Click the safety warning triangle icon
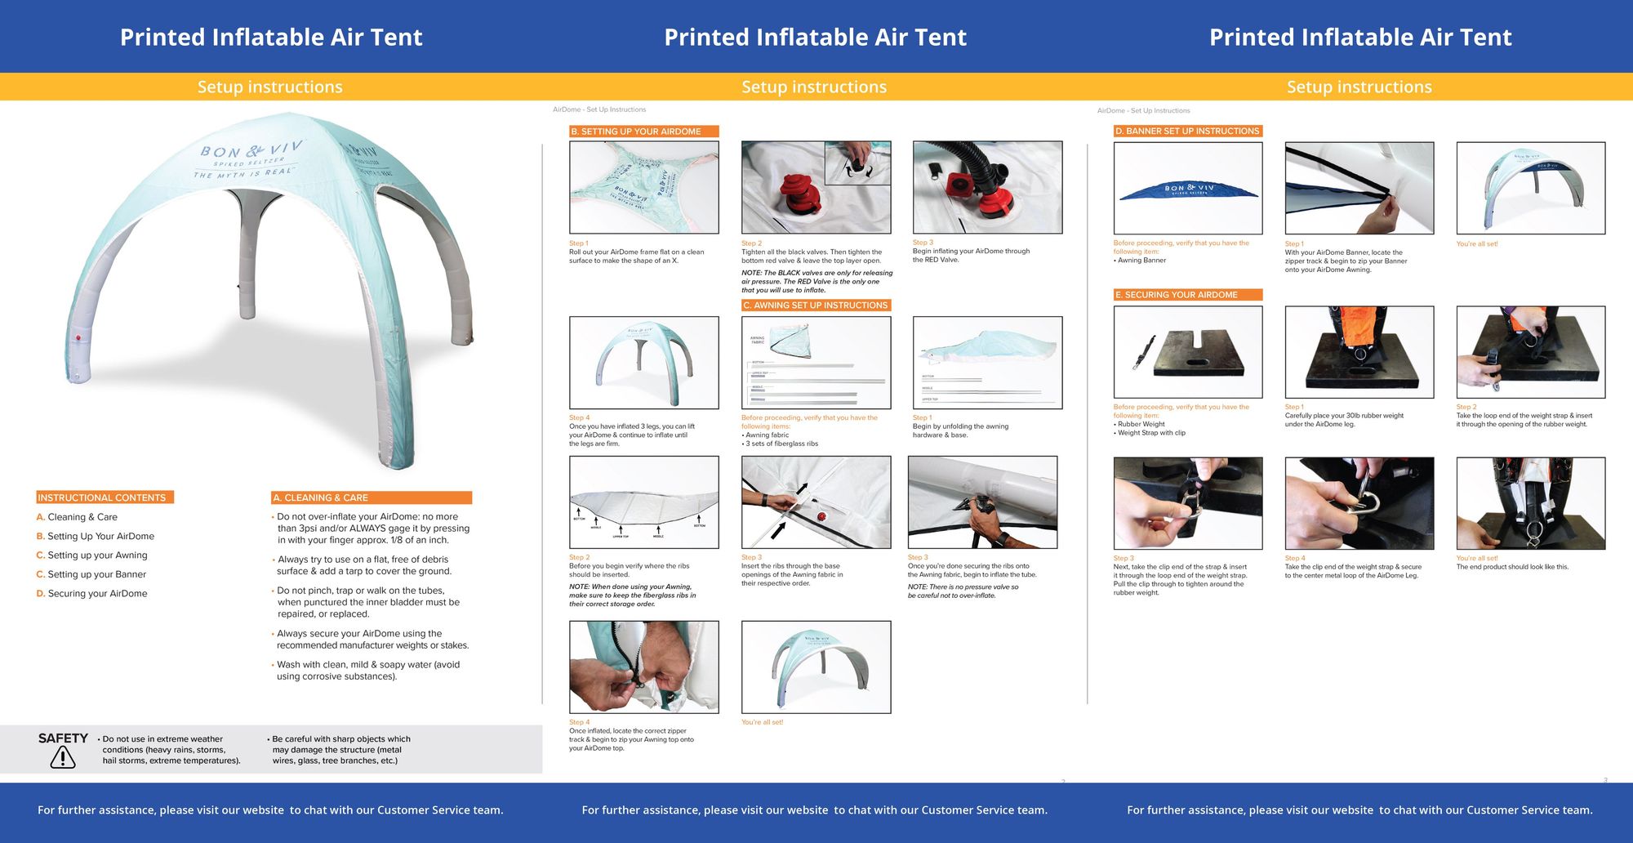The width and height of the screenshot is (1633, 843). (62, 757)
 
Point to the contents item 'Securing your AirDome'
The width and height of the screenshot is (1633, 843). (96, 593)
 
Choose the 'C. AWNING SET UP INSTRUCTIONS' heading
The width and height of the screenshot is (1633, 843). (815, 305)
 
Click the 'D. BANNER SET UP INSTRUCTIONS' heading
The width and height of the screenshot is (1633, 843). (1187, 131)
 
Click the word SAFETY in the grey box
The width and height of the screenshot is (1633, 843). (63, 738)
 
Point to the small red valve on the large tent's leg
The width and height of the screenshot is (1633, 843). (78, 337)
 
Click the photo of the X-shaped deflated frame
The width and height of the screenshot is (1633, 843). (643, 188)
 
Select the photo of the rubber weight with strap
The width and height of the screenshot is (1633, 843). (1187, 352)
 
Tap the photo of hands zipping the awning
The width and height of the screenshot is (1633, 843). (643, 667)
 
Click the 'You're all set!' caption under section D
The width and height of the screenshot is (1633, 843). (1476, 243)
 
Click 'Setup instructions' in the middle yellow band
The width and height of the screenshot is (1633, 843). (814, 87)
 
